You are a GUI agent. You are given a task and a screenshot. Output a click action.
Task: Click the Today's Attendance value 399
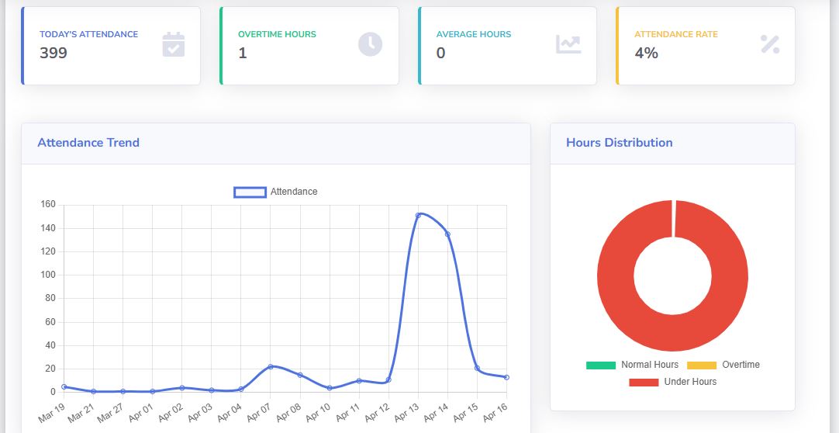click(54, 53)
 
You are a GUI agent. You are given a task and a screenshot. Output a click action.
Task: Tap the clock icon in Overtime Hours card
click(370, 44)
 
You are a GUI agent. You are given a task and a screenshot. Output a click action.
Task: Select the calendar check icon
click(173, 44)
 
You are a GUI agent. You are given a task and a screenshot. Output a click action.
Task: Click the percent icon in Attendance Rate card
click(769, 44)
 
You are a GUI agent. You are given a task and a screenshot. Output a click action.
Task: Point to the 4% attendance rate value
click(646, 53)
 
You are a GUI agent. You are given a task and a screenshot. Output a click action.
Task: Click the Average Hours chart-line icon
click(568, 44)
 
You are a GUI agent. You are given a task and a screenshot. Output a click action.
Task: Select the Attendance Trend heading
click(88, 143)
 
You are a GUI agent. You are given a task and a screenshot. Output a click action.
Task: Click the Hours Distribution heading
click(619, 143)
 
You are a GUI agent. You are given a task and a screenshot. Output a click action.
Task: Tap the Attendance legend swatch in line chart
click(250, 192)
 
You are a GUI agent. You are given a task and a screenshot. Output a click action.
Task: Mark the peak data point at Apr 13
click(418, 215)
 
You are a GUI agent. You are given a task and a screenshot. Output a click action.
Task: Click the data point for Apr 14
click(447, 234)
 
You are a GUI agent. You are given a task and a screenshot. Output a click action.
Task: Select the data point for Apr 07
click(271, 366)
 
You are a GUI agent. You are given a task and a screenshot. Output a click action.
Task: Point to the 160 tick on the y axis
click(48, 205)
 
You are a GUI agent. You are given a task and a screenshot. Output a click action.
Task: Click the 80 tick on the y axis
click(50, 298)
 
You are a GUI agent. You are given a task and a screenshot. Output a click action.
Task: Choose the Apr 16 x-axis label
click(496, 410)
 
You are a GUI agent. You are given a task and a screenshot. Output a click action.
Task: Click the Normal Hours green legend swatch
click(600, 365)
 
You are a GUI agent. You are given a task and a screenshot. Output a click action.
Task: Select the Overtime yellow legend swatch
click(702, 365)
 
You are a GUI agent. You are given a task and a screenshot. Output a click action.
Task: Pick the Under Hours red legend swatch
click(644, 382)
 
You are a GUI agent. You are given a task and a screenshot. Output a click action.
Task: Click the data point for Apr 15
click(477, 368)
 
